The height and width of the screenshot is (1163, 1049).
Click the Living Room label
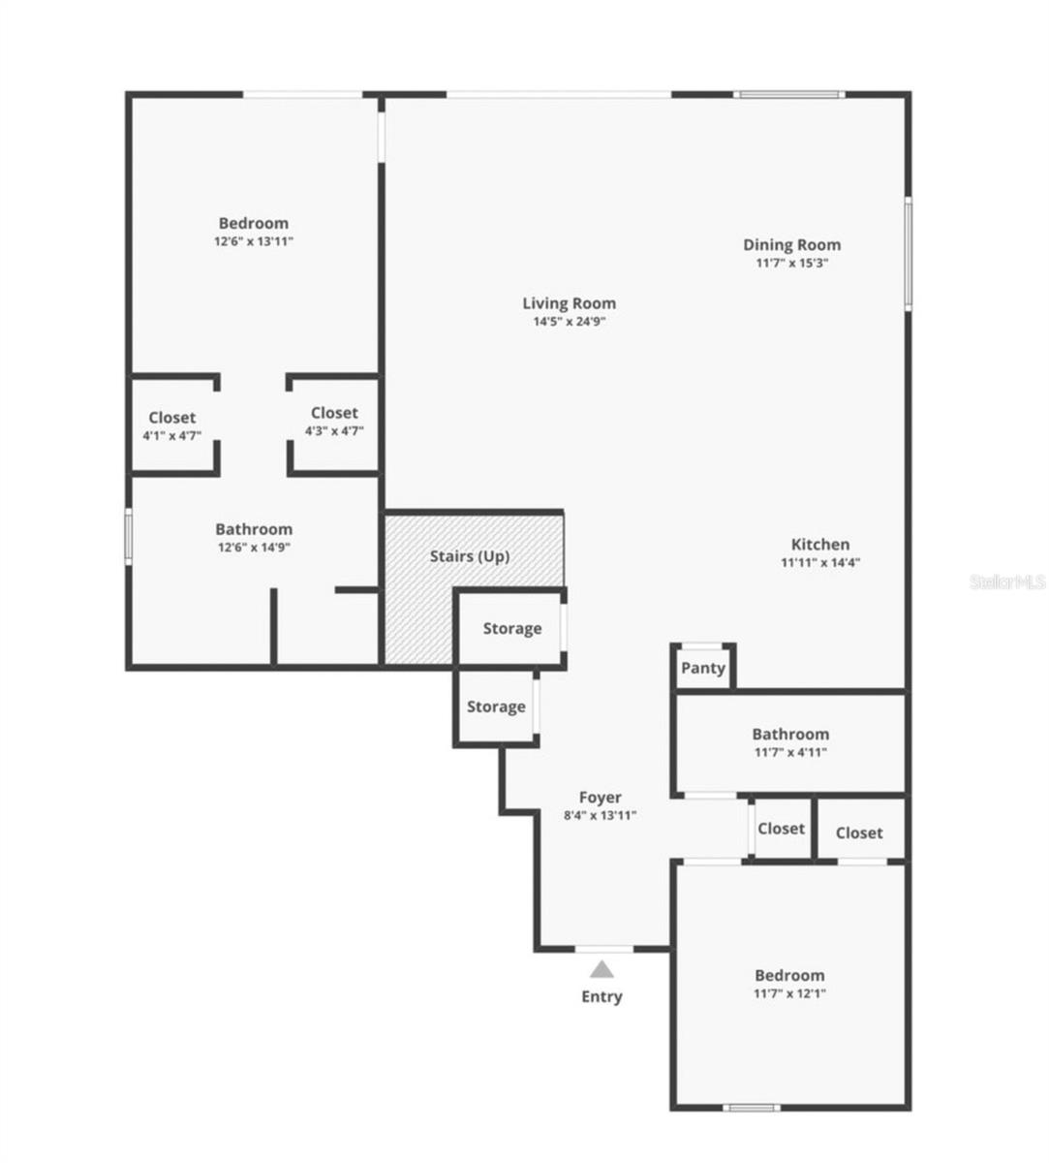569,303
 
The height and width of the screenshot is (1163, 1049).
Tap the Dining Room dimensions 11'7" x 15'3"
791,263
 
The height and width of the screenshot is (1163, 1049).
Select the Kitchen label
820,545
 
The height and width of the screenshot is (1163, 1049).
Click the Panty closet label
703,668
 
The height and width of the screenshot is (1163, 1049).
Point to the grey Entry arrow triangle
602,969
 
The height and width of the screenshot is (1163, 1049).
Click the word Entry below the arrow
602,996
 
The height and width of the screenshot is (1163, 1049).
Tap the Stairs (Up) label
470,556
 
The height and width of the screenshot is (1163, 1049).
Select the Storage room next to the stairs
511,628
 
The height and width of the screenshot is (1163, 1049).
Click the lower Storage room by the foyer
496,707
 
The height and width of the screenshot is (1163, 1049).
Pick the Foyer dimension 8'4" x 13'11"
601,815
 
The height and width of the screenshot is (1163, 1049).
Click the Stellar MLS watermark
1007,582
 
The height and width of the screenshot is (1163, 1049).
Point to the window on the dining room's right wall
908,253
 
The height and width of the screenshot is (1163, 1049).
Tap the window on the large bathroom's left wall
128,535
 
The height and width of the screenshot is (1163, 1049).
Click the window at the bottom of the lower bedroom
753,1108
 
